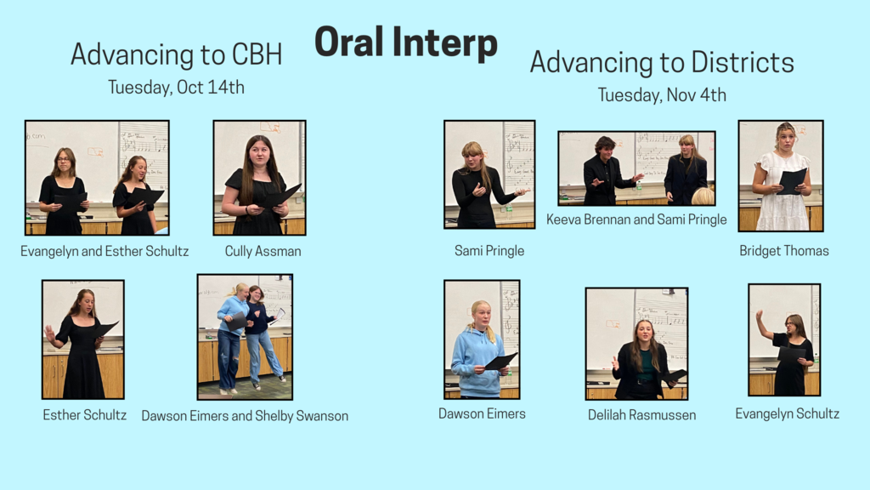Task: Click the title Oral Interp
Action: [405, 43]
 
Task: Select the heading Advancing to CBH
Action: [177, 54]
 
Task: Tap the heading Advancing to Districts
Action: [662, 62]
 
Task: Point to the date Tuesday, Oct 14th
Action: [176, 88]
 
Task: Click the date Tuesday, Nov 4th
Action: [662, 95]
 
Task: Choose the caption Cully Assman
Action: [263, 251]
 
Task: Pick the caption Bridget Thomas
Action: [784, 251]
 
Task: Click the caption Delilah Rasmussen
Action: [642, 415]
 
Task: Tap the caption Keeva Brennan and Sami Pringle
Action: [636, 219]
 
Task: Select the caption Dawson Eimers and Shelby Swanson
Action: [245, 416]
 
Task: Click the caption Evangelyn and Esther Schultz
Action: [105, 251]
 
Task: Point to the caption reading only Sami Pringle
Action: [489, 251]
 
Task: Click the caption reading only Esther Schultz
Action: [84, 415]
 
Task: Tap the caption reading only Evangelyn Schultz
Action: [788, 414]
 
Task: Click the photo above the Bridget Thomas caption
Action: [781, 175]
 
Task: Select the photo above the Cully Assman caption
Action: [259, 178]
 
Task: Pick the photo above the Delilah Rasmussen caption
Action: [636, 344]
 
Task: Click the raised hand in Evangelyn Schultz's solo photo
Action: [760, 316]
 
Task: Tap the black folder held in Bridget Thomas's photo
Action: [792, 181]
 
